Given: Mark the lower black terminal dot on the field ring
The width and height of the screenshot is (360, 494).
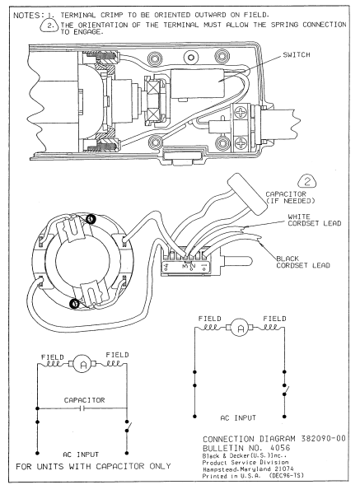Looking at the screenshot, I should pos(75,303).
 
